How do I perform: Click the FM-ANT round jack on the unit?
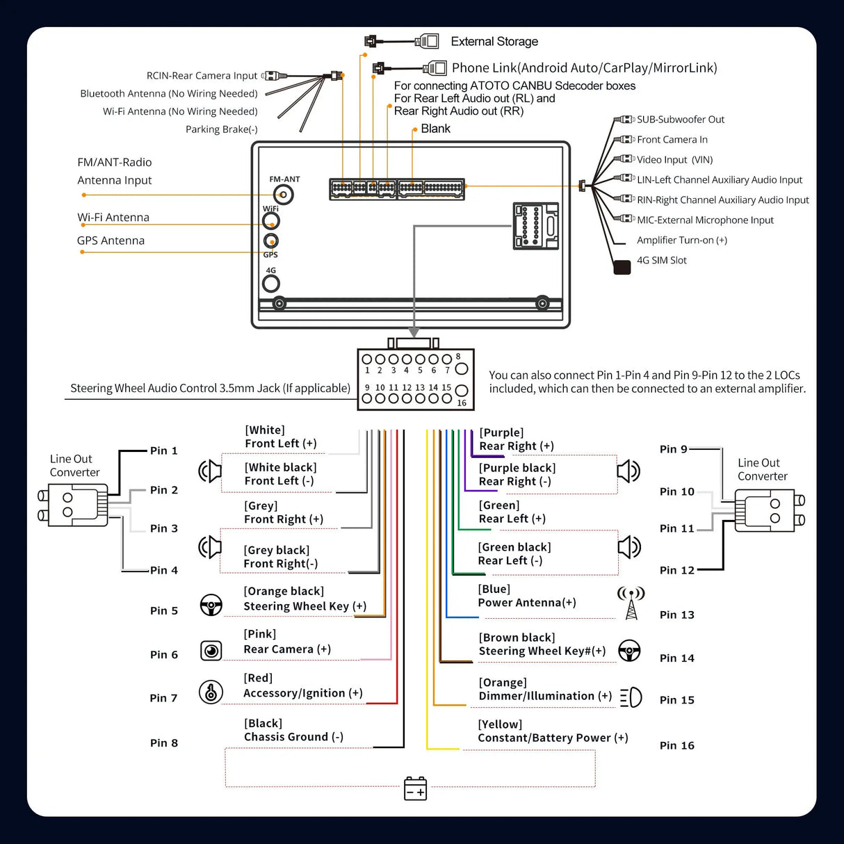click(283, 195)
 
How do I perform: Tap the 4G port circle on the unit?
click(271, 284)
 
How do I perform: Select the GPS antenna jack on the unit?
click(271, 241)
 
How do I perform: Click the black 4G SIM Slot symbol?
click(622, 267)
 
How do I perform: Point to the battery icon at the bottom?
click(416, 788)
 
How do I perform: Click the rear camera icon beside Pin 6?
click(211, 651)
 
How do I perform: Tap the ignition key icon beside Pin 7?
click(211, 692)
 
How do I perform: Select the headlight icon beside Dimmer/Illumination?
click(631, 697)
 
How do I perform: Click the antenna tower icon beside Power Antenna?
click(631, 603)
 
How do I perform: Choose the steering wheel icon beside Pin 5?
click(211, 605)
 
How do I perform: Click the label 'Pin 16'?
click(677, 745)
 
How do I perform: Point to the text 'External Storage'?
click(494, 42)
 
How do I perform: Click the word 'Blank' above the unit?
click(435, 129)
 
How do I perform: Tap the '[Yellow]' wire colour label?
click(500, 724)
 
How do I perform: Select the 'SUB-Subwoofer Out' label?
click(681, 120)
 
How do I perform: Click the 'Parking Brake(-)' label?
click(221, 129)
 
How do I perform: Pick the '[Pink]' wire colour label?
click(260, 634)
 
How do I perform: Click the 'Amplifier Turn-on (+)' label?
click(682, 241)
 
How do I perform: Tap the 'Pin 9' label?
click(673, 449)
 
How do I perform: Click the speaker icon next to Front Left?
click(210, 471)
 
